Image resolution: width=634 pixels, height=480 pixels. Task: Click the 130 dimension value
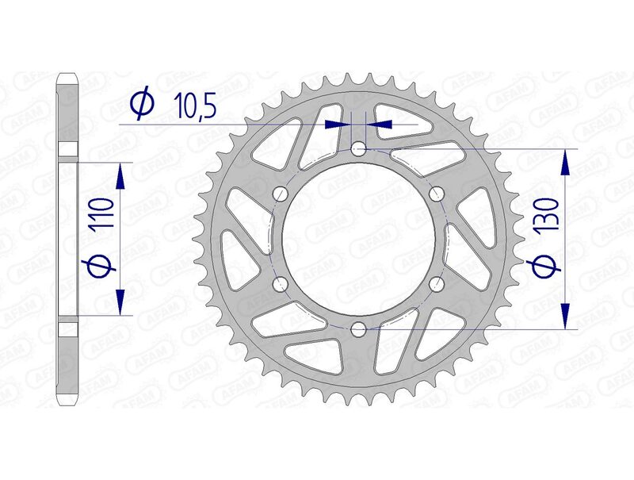(548, 217)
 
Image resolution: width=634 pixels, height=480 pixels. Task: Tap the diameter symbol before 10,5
(142, 106)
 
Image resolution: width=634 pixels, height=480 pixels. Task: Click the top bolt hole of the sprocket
(359, 148)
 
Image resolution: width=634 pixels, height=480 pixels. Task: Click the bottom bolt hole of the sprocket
(359, 328)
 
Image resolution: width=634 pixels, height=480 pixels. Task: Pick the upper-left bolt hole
(279, 193)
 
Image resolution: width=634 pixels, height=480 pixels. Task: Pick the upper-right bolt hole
(435, 193)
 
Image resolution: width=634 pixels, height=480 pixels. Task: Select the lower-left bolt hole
(279, 283)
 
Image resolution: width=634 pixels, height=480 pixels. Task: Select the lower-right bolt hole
(435, 283)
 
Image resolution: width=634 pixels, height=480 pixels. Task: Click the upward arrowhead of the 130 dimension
(564, 161)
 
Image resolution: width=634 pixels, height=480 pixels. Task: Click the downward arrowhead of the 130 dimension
(564, 316)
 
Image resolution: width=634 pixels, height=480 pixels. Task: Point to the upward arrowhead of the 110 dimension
(120, 175)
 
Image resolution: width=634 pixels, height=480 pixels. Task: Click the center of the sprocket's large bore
(358, 238)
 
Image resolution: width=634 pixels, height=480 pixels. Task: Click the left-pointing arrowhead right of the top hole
(380, 125)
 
